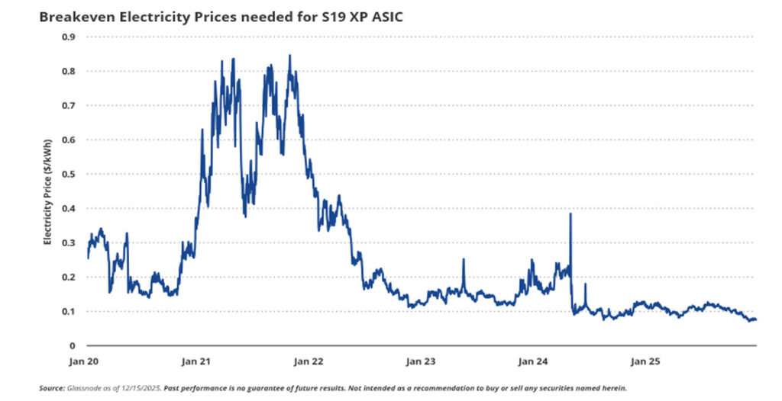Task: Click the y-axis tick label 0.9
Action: point(69,37)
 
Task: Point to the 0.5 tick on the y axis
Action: point(69,174)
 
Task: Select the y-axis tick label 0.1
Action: point(69,311)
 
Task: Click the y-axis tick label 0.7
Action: point(69,105)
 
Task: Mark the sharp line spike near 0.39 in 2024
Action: point(570,214)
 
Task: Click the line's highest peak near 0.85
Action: point(289,56)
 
